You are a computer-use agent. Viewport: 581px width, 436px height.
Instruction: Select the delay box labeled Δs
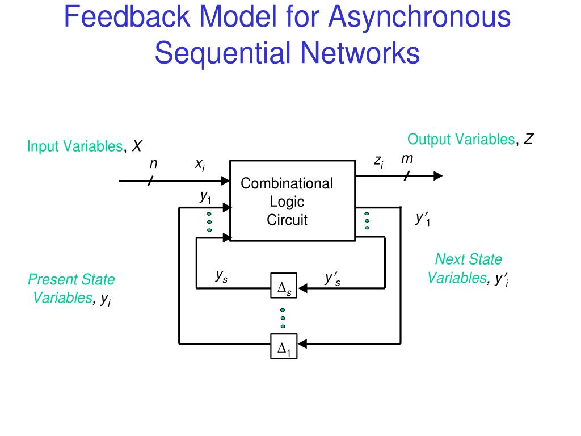click(284, 288)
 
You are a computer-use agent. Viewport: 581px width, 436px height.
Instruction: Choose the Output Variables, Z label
click(470, 140)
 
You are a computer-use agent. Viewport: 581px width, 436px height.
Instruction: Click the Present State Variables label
click(71, 288)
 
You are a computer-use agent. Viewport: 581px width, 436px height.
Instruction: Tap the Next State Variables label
click(468, 269)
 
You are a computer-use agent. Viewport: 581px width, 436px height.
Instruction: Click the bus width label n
click(153, 164)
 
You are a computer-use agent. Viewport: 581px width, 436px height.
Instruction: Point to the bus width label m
click(407, 160)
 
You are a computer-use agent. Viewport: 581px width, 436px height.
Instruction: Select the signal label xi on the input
click(200, 165)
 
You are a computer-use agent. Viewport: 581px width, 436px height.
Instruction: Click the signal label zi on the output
click(378, 162)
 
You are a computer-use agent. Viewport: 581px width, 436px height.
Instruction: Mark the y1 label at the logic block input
click(205, 196)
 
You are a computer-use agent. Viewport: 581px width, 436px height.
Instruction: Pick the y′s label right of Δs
click(332, 278)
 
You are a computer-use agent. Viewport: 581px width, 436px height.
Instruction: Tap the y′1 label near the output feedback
click(423, 219)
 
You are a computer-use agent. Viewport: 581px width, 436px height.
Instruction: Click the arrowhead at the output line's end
click(437, 176)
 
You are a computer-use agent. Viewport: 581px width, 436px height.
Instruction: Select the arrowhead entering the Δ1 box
click(302, 343)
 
